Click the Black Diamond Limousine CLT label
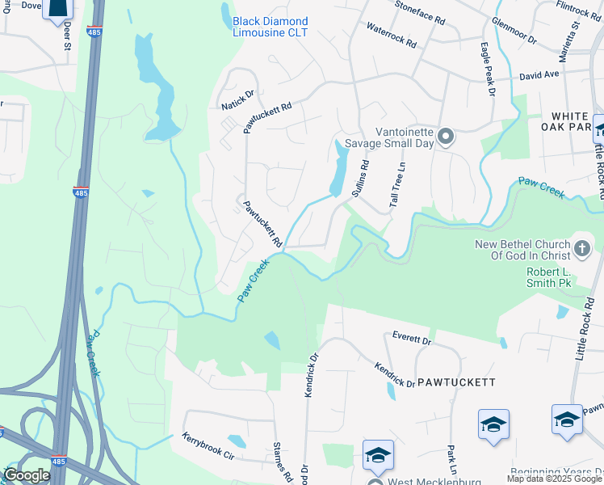270,27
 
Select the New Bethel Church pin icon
582,247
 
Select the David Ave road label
539,75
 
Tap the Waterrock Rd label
391,34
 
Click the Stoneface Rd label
420,11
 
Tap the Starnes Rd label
283,462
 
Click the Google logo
26,476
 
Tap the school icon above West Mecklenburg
377,455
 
